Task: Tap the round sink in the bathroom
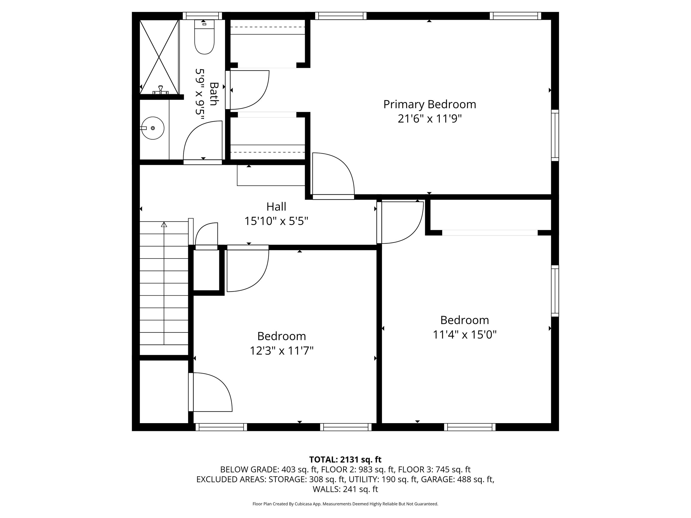tap(152, 128)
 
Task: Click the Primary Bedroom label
tap(430, 104)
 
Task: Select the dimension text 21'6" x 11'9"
tap(430, 119)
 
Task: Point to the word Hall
tap(276, 207)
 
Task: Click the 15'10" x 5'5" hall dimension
tap(276, 221)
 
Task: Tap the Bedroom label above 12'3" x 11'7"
tap(281, 336)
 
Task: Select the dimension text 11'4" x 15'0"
tap(465, 335)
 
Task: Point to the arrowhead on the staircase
tap(164, 224)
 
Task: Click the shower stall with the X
tap(159, 57)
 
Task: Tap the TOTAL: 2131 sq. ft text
tap(345, 460)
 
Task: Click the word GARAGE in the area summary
tap(438, 479)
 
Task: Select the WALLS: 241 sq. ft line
tap(345, 489)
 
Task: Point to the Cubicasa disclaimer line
tap(345, 504)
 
